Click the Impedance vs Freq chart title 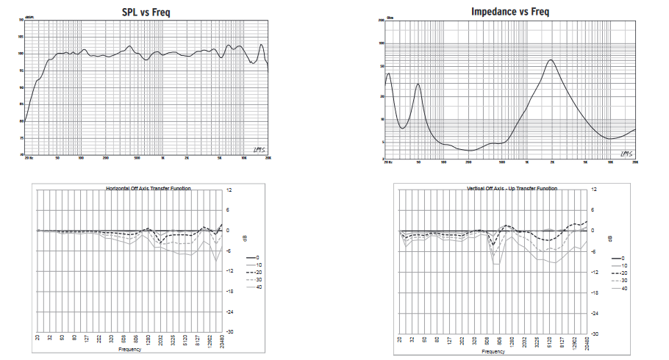pos(509,12)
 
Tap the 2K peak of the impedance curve pos(551,60)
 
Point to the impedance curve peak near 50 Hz pos(418,84)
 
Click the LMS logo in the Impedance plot pos(626,153)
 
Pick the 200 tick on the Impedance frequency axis pos(468,162)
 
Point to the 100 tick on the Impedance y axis pos(382,43)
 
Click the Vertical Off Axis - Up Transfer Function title pos(512,189)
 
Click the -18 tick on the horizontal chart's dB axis pos(229,291)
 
